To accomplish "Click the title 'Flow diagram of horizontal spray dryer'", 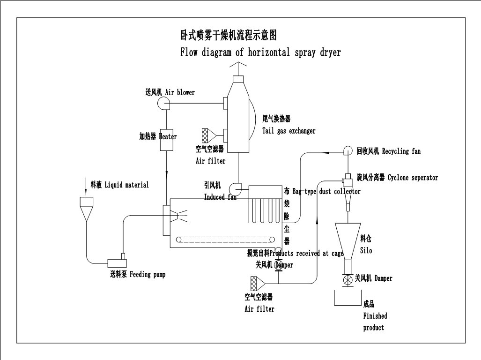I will (x=260, y=52).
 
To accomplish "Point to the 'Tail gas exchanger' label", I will (x=289, y=131).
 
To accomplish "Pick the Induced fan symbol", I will (x=234, y=188).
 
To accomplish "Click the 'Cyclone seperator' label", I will (x=413, y=178).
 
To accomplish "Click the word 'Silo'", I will (x=366, y=251).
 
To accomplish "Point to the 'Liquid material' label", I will (x=126, y=185).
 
